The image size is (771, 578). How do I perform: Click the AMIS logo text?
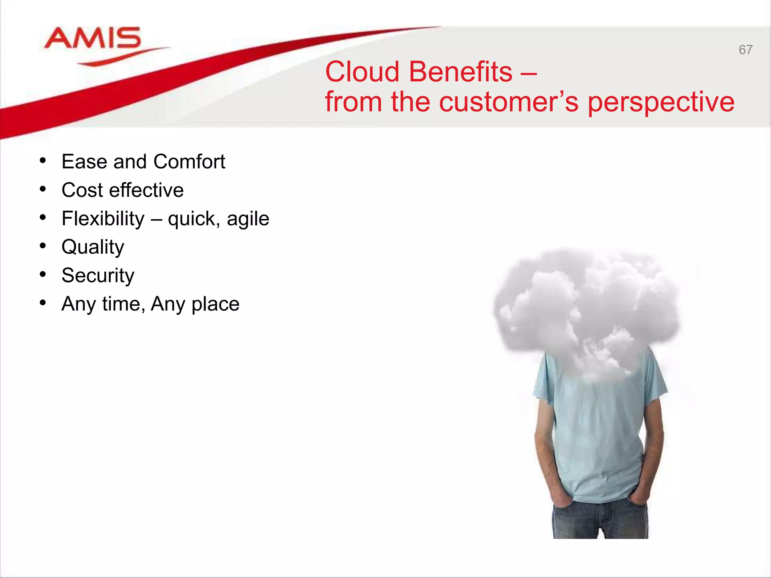point(93,38)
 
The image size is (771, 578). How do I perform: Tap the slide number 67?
point(745,50)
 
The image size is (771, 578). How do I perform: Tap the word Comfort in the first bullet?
point(189,162)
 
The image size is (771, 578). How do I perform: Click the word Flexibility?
point(103,219)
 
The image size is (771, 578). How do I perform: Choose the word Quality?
point(93,248)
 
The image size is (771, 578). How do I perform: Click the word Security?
point(98,276)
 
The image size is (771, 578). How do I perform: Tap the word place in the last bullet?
point(215,304)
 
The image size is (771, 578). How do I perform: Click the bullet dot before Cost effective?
point(43,189)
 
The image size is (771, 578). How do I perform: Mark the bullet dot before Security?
point(43,275)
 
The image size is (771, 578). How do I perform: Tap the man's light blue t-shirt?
point(599,433)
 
